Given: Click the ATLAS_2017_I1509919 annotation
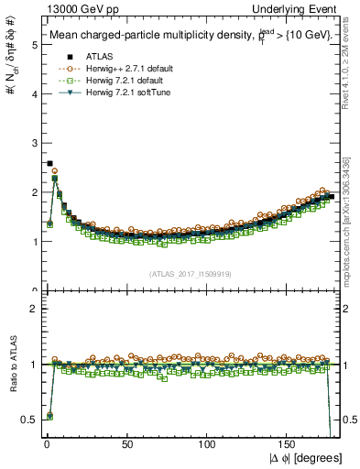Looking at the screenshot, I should point(190,273).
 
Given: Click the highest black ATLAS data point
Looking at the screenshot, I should point(49,163).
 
